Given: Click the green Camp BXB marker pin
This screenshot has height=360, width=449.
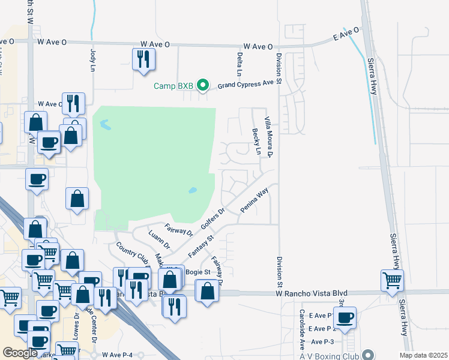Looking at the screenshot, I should click(203, 86).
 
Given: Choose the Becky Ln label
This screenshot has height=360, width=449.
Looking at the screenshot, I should click(256, 142).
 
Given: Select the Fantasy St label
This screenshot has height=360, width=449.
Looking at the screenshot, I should click(201, 247).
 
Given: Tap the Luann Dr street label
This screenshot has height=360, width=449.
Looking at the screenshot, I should click(159, 238).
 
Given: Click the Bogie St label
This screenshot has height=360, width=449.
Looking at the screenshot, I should click(198, 272).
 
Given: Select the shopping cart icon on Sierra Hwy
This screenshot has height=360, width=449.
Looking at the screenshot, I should click(392, 280).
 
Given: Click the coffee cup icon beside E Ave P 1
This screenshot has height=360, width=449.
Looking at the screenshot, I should click(345, 317).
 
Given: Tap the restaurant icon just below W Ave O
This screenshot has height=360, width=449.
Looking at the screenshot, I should click(143, 59).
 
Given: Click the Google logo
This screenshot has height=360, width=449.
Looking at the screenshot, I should click(19, 353).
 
